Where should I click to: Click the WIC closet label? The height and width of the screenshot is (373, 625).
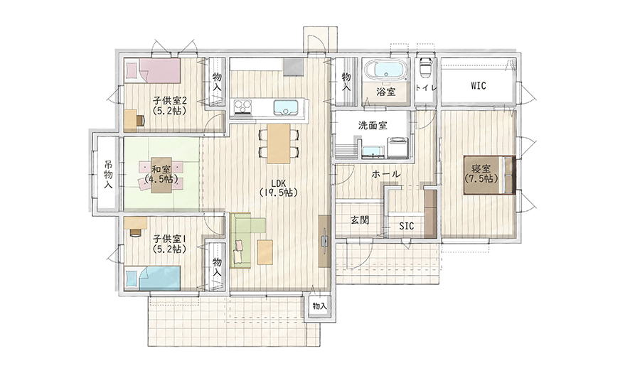point(478,85)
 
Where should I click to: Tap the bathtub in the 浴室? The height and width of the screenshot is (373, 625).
point(387,69)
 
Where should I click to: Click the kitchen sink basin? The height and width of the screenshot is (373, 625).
point(285,107)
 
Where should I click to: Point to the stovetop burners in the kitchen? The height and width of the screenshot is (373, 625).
point(242,107)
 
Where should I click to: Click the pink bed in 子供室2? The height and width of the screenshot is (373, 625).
point(153,70)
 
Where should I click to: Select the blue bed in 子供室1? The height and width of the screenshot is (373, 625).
point(153,279)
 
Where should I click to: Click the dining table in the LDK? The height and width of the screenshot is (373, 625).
point(279,144)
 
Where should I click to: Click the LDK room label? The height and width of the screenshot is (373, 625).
point(279,188)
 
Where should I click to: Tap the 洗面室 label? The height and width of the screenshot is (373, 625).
point(373,125)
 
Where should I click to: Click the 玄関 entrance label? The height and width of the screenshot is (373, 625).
point(360,220)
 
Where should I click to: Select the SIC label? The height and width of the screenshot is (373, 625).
point(406,226)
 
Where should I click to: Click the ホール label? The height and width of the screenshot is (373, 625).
point(386,173)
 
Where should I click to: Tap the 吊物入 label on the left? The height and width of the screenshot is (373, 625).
point(108,174)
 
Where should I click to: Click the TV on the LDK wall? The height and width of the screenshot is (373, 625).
point(325,242)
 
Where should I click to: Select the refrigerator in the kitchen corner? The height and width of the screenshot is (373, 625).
point(294,66)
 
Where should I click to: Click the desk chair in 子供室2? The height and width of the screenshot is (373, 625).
point(140,120)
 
